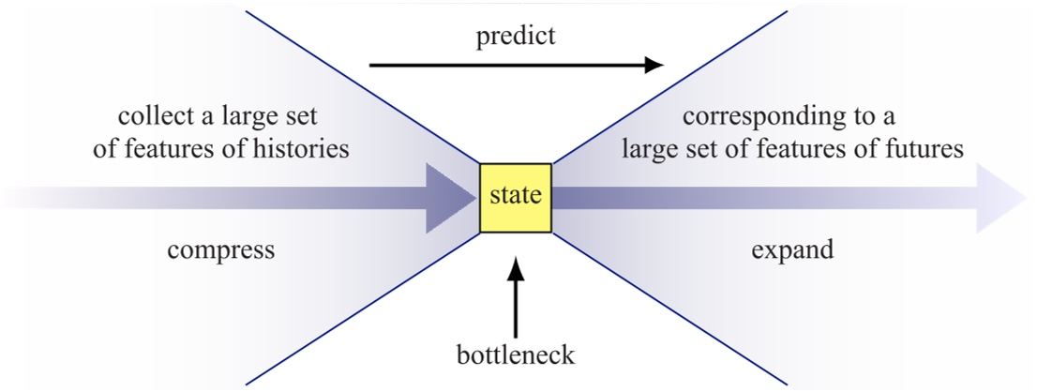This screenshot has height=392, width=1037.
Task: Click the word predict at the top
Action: (x=515, y=37)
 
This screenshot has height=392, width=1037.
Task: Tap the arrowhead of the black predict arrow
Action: (x=654, y=66)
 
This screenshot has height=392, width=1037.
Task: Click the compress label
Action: (x=220, y=250)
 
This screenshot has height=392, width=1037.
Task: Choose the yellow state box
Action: (x=516, y=196)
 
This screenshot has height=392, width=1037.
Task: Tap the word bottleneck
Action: (x=516, y=357)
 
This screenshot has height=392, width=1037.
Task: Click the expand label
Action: (x=792, y=250)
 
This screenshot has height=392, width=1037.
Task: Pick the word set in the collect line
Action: (x=308, y=119)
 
